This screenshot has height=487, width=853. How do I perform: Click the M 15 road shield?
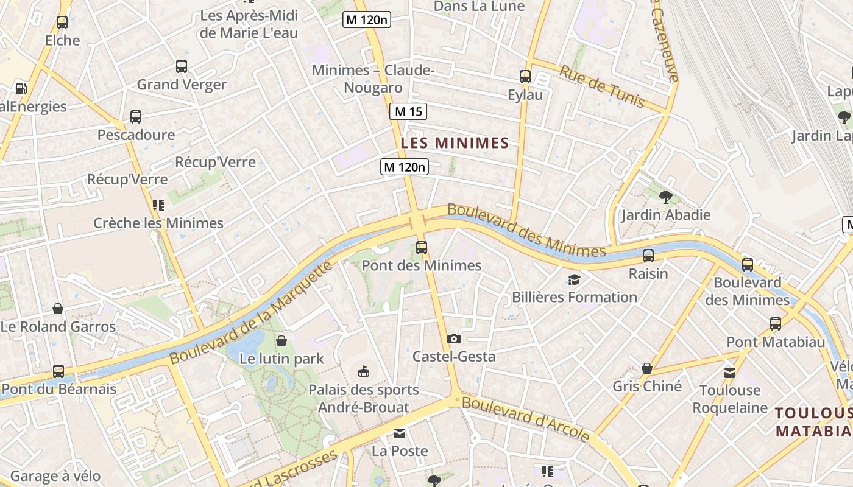point(408,111)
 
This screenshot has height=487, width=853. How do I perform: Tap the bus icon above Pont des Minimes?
point(421,247)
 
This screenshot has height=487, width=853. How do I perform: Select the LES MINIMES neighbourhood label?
point(455,143)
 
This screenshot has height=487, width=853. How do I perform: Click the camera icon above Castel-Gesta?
point(453,338)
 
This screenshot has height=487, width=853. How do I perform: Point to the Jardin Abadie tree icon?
point(665,197)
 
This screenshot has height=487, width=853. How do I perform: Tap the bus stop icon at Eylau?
point(525,77)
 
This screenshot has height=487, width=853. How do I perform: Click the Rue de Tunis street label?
point(601,86)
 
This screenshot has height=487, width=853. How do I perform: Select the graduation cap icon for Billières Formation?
point(574,279)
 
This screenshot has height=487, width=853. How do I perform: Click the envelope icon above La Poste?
point(399,433)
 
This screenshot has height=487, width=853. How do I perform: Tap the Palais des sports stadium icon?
point(363,371)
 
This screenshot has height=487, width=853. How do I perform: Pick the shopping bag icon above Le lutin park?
point(281,341)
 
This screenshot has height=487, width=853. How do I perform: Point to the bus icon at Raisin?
point(648,255)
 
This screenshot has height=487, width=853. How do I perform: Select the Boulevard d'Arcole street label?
point(525,419)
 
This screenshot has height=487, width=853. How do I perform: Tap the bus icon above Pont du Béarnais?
point(58,371)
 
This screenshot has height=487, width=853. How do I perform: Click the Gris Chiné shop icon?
point(646,368)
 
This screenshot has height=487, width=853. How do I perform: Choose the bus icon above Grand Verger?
point(181,66)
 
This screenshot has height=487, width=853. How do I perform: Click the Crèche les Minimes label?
point(158,223)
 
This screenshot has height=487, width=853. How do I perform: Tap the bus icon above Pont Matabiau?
point(775,324)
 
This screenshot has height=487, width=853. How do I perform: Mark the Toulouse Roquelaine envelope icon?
point(729,373)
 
